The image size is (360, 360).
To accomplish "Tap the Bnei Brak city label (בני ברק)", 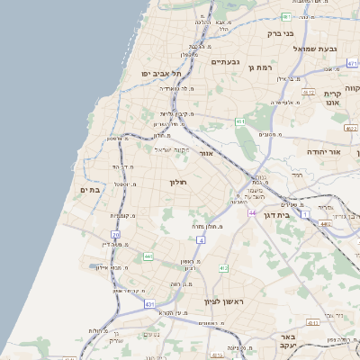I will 281,33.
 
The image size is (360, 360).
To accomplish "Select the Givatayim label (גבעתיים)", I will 225,62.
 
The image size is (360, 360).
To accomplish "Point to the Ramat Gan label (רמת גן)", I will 263,67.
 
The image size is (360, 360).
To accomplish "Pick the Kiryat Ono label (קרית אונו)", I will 332,98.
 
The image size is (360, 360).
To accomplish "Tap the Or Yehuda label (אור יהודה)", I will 324,153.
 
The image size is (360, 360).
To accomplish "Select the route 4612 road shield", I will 308,93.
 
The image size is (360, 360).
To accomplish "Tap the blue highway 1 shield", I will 305,214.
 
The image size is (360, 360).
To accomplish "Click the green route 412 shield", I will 223,268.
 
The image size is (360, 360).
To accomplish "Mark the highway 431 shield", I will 149,305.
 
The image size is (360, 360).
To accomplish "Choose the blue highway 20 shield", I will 116,234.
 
